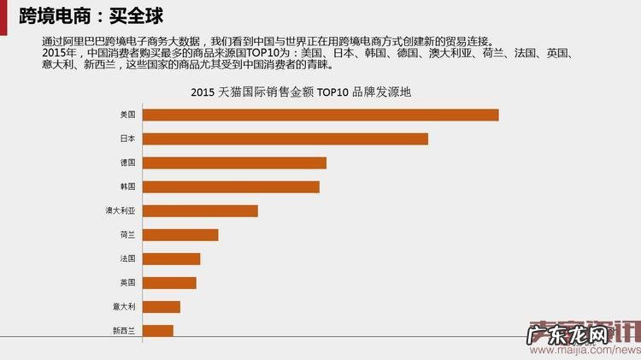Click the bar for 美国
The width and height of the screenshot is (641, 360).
tap(320, 115)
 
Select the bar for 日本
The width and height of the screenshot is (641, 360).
tap(285, 139)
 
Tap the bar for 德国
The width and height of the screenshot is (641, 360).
tap(234, 162)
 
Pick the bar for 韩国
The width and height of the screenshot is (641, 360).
tap(231, 186)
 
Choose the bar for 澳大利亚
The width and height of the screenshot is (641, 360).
tap(200, 210)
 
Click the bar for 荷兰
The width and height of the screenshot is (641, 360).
tap(180, 234)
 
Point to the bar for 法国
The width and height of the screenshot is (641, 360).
tap(171, 258)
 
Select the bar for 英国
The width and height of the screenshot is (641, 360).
tap(169, 282)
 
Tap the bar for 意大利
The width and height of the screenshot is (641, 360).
tap(161, 306)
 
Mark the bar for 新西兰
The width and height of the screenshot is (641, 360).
tap(157, 330)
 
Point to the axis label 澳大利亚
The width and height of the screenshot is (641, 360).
tap(121, 210)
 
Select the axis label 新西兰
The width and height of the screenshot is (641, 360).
tap(124, 330)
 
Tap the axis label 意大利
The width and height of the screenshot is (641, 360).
tap(124, 306)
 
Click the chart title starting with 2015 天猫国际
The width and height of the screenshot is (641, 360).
tap(302, 92)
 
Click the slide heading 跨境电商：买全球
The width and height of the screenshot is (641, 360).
tap(91, 15)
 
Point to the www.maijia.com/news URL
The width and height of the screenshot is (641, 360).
tap(581, 351)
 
